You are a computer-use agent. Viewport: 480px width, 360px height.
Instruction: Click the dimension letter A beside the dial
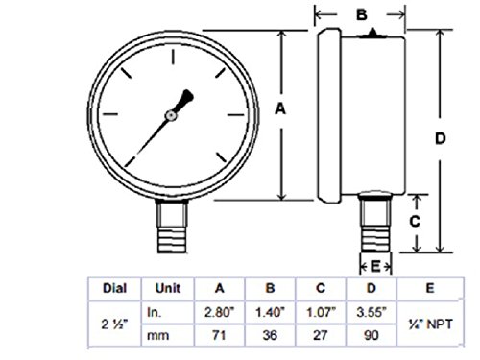(x=280, y=108)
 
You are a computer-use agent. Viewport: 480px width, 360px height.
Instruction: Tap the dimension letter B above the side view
(x=362, y=14)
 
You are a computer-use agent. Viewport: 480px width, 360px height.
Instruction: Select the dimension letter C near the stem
(x=415, y=222)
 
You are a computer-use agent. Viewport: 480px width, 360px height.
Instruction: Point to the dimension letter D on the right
(x=441, y=138)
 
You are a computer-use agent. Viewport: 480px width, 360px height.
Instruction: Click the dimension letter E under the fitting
(x=375, y=266)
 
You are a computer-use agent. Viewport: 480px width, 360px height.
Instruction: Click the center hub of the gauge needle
(x=171, y=115)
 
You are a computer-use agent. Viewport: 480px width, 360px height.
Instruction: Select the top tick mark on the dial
(x=173, y=57)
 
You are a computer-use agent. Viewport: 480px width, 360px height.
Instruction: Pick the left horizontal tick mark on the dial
(x=109, y=114)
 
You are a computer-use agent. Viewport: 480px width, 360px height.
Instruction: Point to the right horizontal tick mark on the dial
(x=236, y=114)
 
